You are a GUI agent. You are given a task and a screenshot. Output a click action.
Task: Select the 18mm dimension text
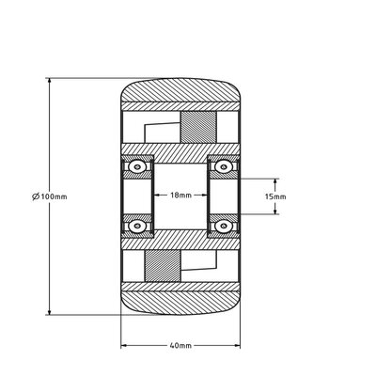pyautogui.click(x=182, y=196)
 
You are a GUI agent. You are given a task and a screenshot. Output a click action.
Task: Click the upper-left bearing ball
pyautogui.click(x=139, y=166)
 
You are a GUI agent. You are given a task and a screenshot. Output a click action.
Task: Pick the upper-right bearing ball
pyautogui.click(x=224, y=166)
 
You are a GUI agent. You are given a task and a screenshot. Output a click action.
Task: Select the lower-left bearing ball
pyautogui.click(x=139, y=227)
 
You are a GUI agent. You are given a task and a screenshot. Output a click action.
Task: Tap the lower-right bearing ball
pyautogui.click(x=224, y=227)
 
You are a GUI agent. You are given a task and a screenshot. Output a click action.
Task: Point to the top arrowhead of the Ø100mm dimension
pyautogui.click(x=47, y=82)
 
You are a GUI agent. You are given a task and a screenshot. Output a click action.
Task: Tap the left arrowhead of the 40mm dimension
pyautogui.click(x=124, y=346)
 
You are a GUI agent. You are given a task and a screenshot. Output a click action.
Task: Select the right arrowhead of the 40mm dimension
pyautogui.click(x=241, y=346)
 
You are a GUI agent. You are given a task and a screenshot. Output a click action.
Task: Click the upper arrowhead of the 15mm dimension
pyautogui.click(x=275, y=179)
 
